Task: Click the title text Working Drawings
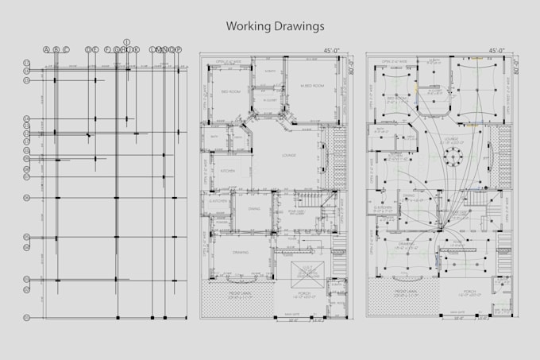(275, 26)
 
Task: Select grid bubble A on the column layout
(46, 50)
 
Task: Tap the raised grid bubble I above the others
(126, 41)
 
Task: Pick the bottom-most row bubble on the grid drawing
(26, 318)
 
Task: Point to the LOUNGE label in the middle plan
(287, 155)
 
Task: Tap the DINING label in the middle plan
(254, 208)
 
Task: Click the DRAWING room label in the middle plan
(241, 252)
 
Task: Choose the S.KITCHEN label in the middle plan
(218, 202)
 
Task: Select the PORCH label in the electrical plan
(472, 292)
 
